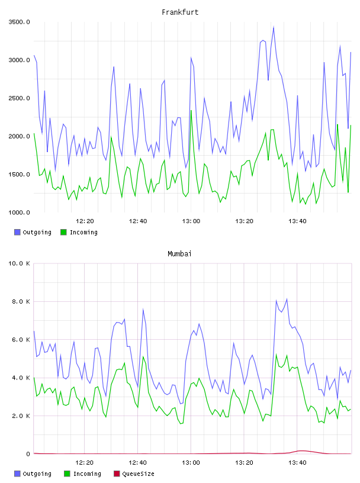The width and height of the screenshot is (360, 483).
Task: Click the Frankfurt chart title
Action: click(x=180, y=12)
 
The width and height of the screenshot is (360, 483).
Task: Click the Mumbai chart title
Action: click(x=179, y=254)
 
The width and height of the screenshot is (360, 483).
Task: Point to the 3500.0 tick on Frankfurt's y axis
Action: click(x=19, y=22)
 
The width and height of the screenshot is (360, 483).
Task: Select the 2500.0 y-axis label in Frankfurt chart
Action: click(x=19, y=98)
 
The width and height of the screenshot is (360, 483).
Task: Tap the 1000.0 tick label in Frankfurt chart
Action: click(x=19, y=212)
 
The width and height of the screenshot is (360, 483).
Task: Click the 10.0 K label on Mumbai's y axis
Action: click(x=19, y=263)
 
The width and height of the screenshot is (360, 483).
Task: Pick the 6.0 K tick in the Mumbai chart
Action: click(x=21, y=340)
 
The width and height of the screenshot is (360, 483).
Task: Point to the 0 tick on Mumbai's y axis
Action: click(x=28, y=454)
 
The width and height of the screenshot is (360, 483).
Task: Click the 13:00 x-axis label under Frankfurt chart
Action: click(x=191, y=221)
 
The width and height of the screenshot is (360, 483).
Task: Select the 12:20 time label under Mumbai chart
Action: click(x=85, y=463)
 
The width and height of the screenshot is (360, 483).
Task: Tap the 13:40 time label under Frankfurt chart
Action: click(x=297, y=221)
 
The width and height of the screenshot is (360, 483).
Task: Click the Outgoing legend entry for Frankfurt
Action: click(x=33, y=232)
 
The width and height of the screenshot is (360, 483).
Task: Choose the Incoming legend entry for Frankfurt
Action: click(x=79, y=232)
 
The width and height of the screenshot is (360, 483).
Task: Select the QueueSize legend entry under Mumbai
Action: click(x=134, y=474)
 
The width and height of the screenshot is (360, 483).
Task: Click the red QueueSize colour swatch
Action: click(x=117, y=474)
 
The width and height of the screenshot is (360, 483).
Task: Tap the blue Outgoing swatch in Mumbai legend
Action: click(x=17, y=474)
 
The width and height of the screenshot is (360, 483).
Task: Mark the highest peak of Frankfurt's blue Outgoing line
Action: click(x=274, y=27)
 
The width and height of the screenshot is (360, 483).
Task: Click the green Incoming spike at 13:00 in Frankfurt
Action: click(x=191, y=111)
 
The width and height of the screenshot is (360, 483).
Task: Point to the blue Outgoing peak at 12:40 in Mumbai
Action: click(x=143, y=310)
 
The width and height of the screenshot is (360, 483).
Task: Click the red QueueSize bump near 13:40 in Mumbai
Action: click(x=301, y=451)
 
